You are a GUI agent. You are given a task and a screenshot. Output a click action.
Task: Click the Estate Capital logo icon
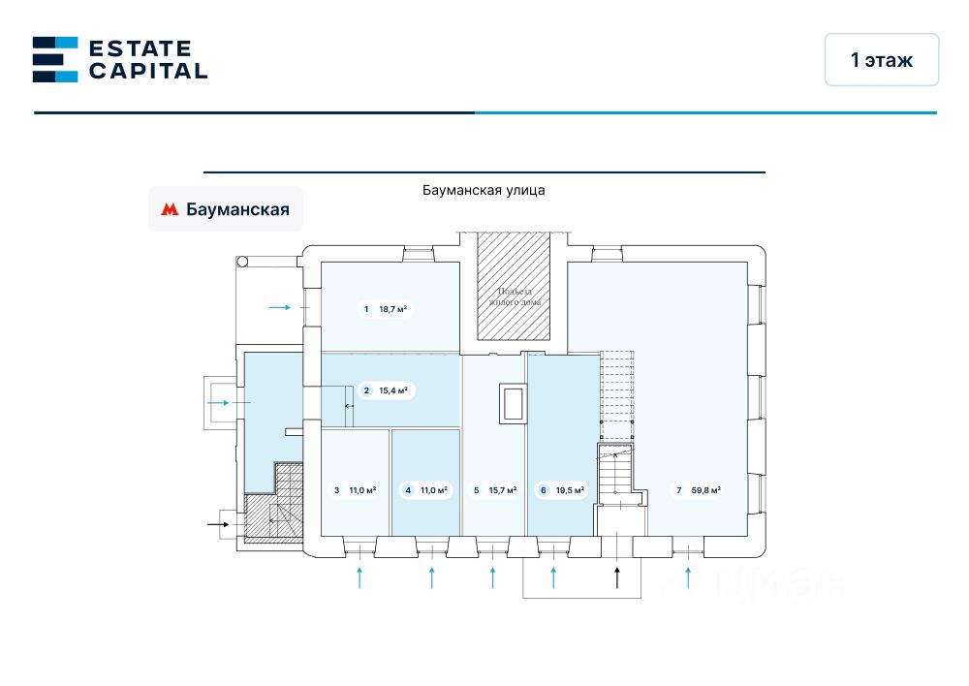click(x=54, y=59)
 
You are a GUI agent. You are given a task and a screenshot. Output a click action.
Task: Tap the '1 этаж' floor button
click(x=882, y=60)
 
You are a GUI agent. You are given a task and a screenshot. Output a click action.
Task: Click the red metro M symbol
click(x=170, y=209)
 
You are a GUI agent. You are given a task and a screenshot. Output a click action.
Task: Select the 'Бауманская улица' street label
click(x=484, y=190)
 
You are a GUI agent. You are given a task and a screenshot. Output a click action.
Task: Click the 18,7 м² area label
click(x=392, y=310)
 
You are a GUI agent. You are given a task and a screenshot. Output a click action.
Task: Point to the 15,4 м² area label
click(x=392, y=390)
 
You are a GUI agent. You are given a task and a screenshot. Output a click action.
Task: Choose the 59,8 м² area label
click(x=705, y=490)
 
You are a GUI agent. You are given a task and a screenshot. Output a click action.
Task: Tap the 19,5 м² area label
click(x=569, y=490)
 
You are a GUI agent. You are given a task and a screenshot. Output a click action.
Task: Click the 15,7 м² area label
click(x=501, y=490)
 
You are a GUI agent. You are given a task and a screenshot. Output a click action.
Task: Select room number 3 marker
click(x=337, y=490)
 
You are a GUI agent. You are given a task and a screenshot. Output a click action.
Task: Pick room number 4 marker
click(x=409, y=490)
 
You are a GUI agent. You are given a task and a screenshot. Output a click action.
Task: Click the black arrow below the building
click(x=617, y=578)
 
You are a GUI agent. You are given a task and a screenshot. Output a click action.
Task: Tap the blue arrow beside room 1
click(x=280, y=307)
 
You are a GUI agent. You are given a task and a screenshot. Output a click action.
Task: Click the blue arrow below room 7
click(x=688, y=578)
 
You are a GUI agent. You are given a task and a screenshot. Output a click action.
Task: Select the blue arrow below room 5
click(x=492, y=578)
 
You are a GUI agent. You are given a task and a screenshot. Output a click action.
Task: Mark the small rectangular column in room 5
click(x=513, y=403)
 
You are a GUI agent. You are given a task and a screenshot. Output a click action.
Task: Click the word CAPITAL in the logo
click(x=148, y=71)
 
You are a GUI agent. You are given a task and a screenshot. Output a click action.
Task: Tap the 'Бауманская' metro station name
click(x=237, y=209)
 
